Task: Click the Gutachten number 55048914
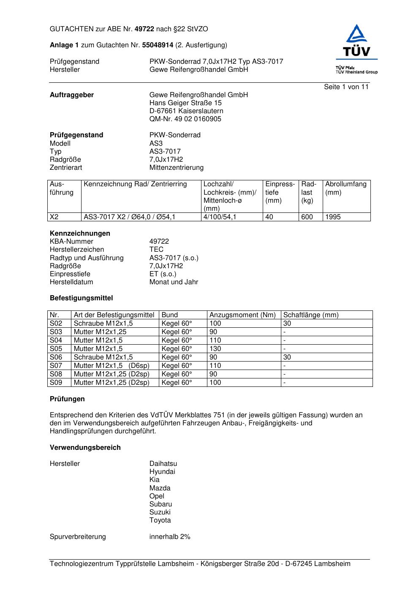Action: (158, 45)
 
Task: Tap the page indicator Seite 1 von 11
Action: (346, 87)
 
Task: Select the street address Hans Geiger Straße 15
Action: (185, 103)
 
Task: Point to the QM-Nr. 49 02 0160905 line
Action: (185, 119)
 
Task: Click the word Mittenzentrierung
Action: (176, 168)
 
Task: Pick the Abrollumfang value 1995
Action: (333, 217)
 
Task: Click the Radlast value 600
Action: (307, 217)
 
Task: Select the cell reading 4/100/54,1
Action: (220, 217)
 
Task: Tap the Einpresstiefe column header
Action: (280, 192)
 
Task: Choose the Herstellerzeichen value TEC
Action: (156, 250)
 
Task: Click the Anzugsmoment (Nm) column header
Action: (242, 315)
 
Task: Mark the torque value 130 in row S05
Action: (215, 349)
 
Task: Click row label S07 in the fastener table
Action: (56, 366)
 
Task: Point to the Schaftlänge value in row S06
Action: (287, 357)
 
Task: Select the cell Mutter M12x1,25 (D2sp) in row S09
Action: (112, 383)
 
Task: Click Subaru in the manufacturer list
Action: (161, 504)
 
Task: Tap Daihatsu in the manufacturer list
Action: (163, 464)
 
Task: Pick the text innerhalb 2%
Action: (170, 537)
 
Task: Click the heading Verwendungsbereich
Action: (85, 448)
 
